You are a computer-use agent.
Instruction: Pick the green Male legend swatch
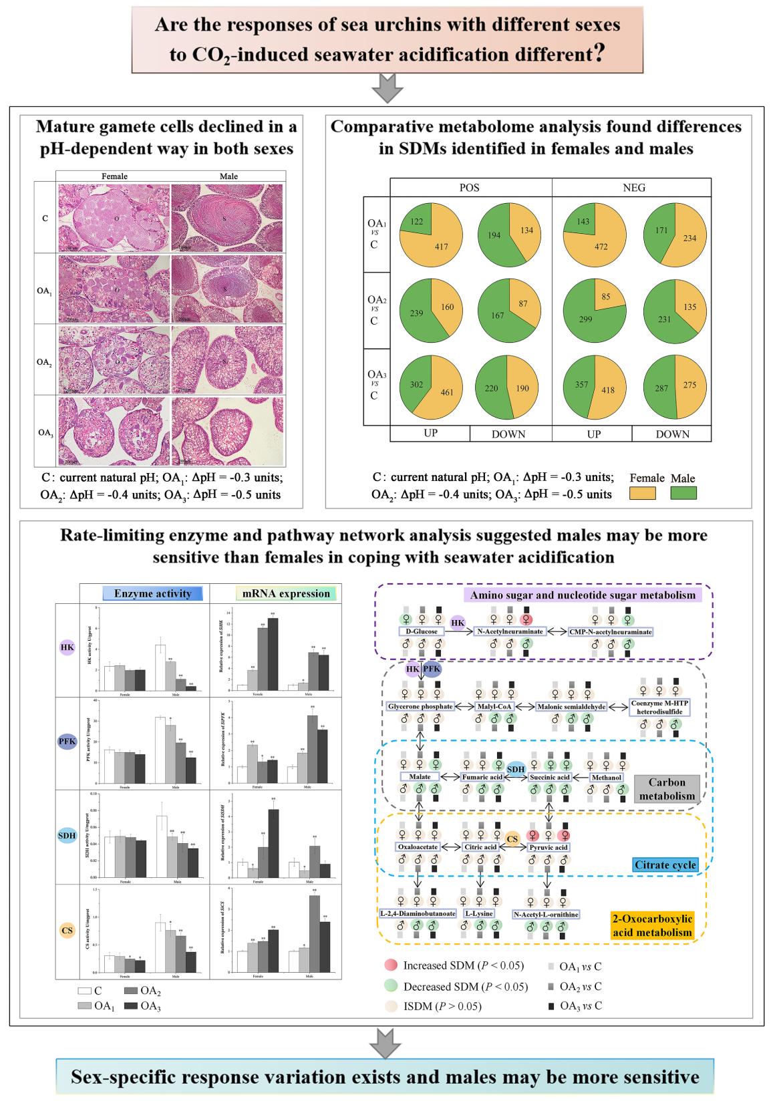[683, 493]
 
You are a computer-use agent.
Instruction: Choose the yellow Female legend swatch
[643, 493]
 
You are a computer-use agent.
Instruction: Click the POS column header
[470, 188]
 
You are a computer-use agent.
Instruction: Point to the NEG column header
[633, 188]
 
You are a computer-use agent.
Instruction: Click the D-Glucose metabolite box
[422, 631]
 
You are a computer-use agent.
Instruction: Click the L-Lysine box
[479, 913]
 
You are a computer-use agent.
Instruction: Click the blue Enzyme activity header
[152, 593]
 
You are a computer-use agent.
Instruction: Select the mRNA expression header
[286, 593]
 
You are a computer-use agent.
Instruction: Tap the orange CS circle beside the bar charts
[67, 930]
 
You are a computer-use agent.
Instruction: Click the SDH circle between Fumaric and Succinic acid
[515, 770]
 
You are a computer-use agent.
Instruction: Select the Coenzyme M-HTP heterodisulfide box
[659, 707]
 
